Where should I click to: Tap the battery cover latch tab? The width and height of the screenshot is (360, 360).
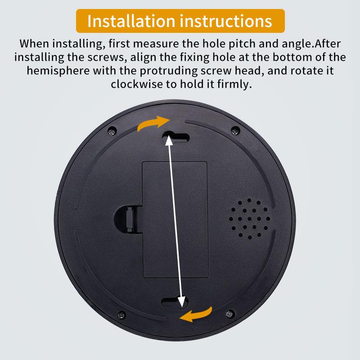[127, 220]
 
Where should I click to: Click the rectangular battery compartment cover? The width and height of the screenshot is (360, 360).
[175, 219]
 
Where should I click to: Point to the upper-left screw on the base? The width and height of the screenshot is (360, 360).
[111, 131]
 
